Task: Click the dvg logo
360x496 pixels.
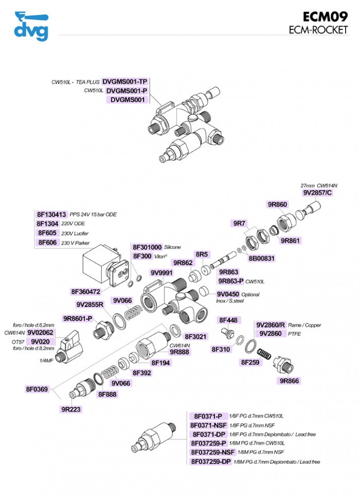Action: (31, 26)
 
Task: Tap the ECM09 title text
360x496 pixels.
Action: (325, 17)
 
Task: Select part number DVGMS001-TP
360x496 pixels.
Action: (125, 81)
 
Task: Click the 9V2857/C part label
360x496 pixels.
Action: (318, 193)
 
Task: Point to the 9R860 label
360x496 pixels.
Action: (278, 205)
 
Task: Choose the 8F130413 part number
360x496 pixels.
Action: (52, 214)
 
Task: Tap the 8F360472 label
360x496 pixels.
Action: (86, 291)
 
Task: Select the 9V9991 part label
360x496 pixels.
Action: (162, 273)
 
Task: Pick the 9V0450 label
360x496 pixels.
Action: (228, 294)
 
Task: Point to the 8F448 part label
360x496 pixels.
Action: (228, 320)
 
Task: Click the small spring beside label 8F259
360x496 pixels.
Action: (264, 354)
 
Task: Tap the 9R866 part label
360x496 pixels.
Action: (289, 381)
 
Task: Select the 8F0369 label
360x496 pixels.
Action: (37, 389)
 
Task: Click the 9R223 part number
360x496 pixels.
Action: (71, 409)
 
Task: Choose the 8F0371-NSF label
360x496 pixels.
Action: (209, 425)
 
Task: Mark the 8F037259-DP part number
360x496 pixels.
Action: (211, 462)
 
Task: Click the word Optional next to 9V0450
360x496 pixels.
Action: (251, 294)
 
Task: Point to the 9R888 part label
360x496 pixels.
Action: (179, 352)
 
